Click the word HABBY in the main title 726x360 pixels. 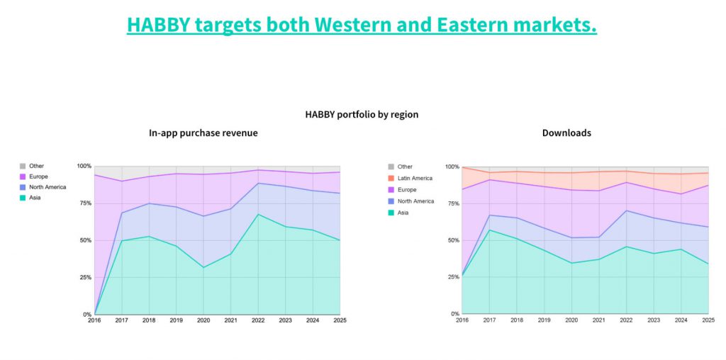[x=157, y=25]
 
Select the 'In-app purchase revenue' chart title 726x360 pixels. [x=203, y=133]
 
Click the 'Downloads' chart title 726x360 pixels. [x=566, y=133]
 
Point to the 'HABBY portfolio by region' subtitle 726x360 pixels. [x=362, y=114]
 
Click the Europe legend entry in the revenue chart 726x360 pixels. [x=34, y=176]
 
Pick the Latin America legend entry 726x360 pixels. [x=411, y=178]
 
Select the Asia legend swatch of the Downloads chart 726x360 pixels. [x=391, y=213]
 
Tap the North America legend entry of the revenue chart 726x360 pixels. [x=43, y=187]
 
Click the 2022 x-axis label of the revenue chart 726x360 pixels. [x=258, y=320]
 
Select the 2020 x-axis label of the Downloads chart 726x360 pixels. [x=571, y=320]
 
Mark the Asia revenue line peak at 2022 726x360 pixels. [x=258, y=214]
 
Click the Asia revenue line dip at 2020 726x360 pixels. [x=203, y=267]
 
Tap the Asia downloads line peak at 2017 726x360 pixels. [x=489, y=230]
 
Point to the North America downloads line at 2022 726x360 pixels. [x=626, y=210]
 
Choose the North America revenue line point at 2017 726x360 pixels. [x=122, y=213]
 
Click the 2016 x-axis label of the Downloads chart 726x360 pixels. [x=462, y=320]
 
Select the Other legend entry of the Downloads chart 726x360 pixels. [x=401, y=167]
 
